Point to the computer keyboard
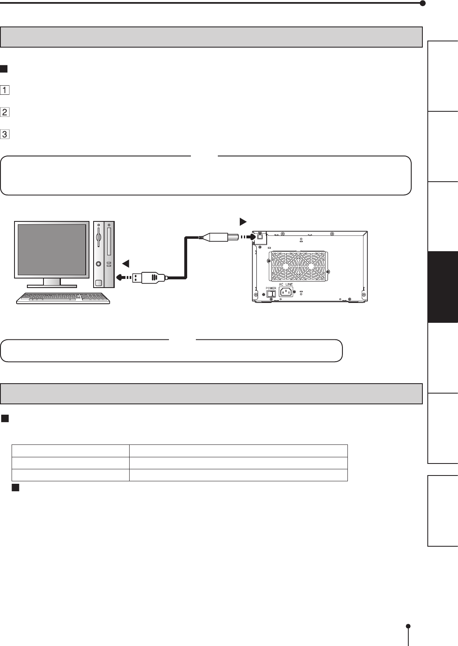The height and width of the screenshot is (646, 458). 63,298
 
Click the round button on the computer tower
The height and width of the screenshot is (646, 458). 99,264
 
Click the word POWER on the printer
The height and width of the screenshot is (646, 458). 271,288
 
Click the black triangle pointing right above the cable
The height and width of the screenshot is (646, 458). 243,222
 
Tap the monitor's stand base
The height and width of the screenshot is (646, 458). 52,285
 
